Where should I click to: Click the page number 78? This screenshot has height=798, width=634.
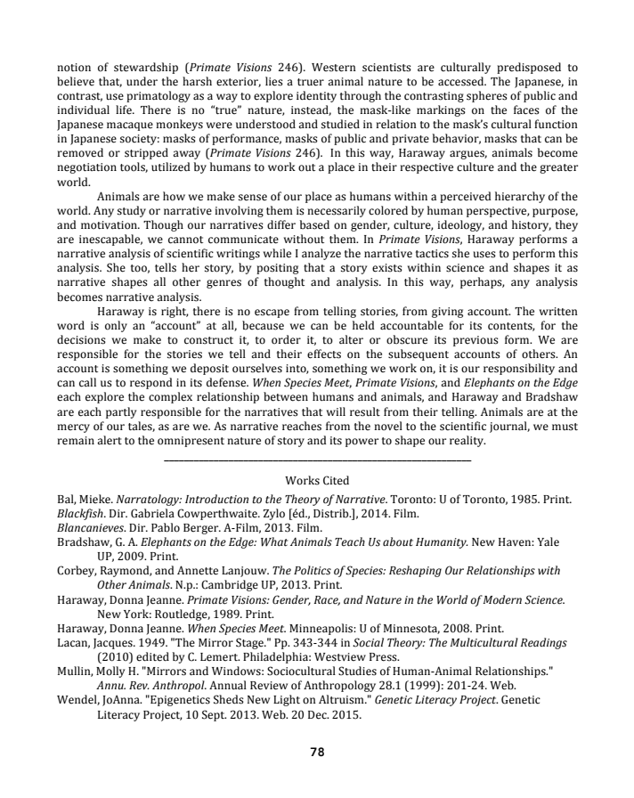tap(317, 752)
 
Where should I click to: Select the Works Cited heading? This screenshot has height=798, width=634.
tap(317, 481)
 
